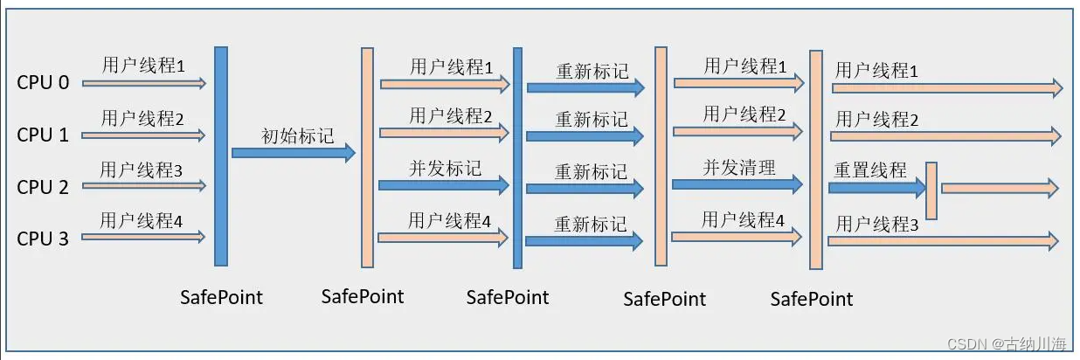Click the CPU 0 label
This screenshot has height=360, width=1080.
(x=43, y=83)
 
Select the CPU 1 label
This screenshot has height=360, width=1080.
(x=43, y=135)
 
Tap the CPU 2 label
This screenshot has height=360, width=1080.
(x=43, y=186)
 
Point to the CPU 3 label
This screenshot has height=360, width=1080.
(x=43, y=238)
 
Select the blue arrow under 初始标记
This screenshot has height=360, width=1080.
(x=293, y=153)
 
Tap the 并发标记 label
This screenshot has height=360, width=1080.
(x=445, y=169)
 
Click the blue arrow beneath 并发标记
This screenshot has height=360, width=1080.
(x=444, y=185)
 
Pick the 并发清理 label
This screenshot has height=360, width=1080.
(x=739, y=168)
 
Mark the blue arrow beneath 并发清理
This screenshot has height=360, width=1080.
(x=737, y=184)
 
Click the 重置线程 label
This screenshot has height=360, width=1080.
(x=870, y=170)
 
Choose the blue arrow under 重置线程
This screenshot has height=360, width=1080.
(x=876, y=187)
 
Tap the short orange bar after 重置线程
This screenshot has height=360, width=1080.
(x=931, y=190)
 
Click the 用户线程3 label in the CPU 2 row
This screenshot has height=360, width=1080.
(x=141, y=170)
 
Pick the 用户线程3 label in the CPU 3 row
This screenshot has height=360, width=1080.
(x=876, y=225)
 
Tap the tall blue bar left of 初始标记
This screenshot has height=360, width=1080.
(x=221, y=156)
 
